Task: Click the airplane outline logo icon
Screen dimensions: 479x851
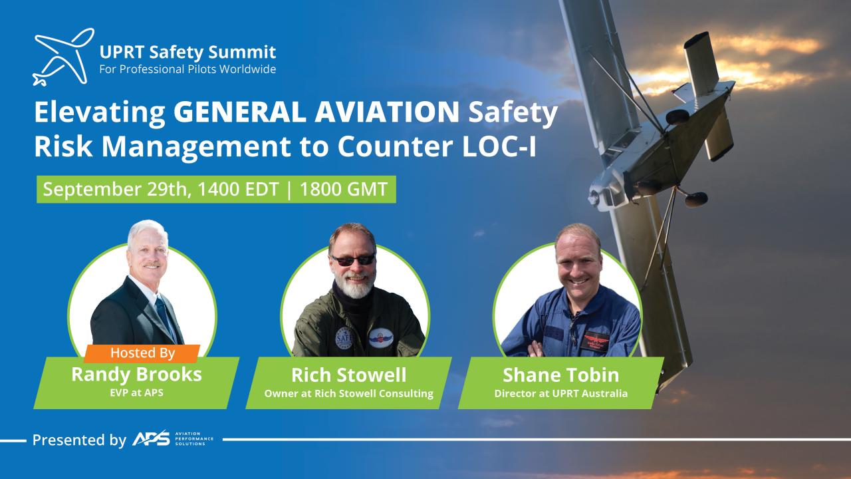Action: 62,57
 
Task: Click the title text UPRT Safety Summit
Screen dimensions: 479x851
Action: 187,51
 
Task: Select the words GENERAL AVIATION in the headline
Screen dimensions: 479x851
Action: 316,113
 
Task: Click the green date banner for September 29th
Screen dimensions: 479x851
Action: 216,189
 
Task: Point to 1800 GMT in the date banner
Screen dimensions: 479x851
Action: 344,189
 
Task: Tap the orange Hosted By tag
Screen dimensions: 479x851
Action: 142,353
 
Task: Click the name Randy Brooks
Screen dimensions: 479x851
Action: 136,375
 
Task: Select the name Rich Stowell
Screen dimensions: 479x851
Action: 349,375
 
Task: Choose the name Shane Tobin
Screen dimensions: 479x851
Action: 560,375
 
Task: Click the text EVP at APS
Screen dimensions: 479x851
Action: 136,393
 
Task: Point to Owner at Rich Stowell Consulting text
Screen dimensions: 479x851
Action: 349,393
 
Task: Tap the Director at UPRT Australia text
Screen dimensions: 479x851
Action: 560,393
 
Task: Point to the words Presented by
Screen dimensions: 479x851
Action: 79,440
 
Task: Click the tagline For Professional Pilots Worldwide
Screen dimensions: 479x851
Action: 187,69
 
